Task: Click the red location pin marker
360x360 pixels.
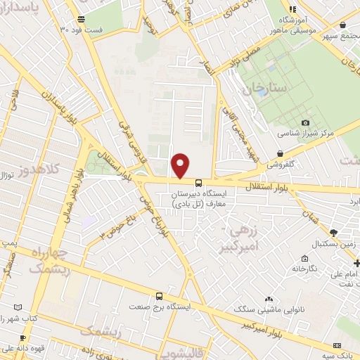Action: [x=181, y=165]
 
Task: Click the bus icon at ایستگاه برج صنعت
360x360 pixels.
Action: [x=160, y=296]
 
